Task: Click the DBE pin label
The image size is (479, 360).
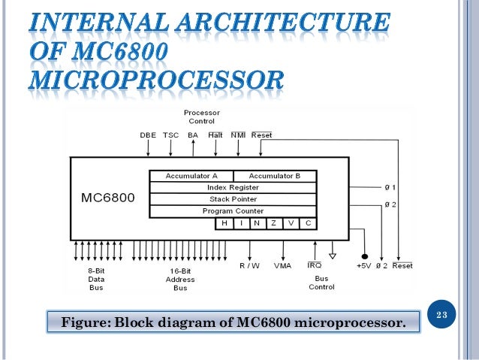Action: click(148, 135)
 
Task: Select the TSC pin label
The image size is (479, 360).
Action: click(170, 135)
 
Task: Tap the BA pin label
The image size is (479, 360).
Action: click(193, 135)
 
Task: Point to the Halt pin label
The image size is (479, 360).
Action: click(215, 135)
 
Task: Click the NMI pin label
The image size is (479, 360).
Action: click(238, 135)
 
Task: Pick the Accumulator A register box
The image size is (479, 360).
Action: click(191, 176)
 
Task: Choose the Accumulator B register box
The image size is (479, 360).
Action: click(275, 176)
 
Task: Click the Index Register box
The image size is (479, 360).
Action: click(233, 187)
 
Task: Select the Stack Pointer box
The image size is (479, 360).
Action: click(233, 199)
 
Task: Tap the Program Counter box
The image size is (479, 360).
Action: click(233, 211)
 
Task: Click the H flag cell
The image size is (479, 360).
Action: click(223, 223)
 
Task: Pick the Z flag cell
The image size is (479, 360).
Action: click(273, 223)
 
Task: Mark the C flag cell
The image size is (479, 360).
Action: click(308, 223)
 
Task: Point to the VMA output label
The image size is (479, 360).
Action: click(283, 265)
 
